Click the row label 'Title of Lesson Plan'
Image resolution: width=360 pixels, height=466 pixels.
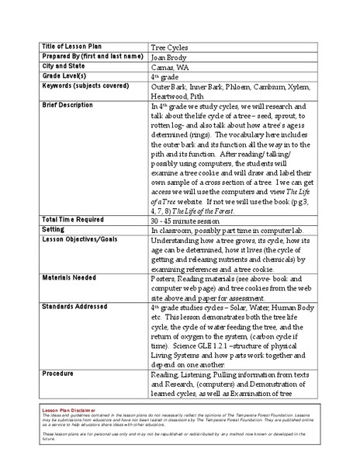pyautogui.click(x=73, y=46)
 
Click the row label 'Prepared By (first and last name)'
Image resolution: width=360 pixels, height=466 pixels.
pyautogui.click(x=93, y=57)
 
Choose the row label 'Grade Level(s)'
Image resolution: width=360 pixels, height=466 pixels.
pyautogui.click(x=65, y=78)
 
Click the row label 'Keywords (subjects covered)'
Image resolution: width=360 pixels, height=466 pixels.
pyautogui.click(x=85, y=89)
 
